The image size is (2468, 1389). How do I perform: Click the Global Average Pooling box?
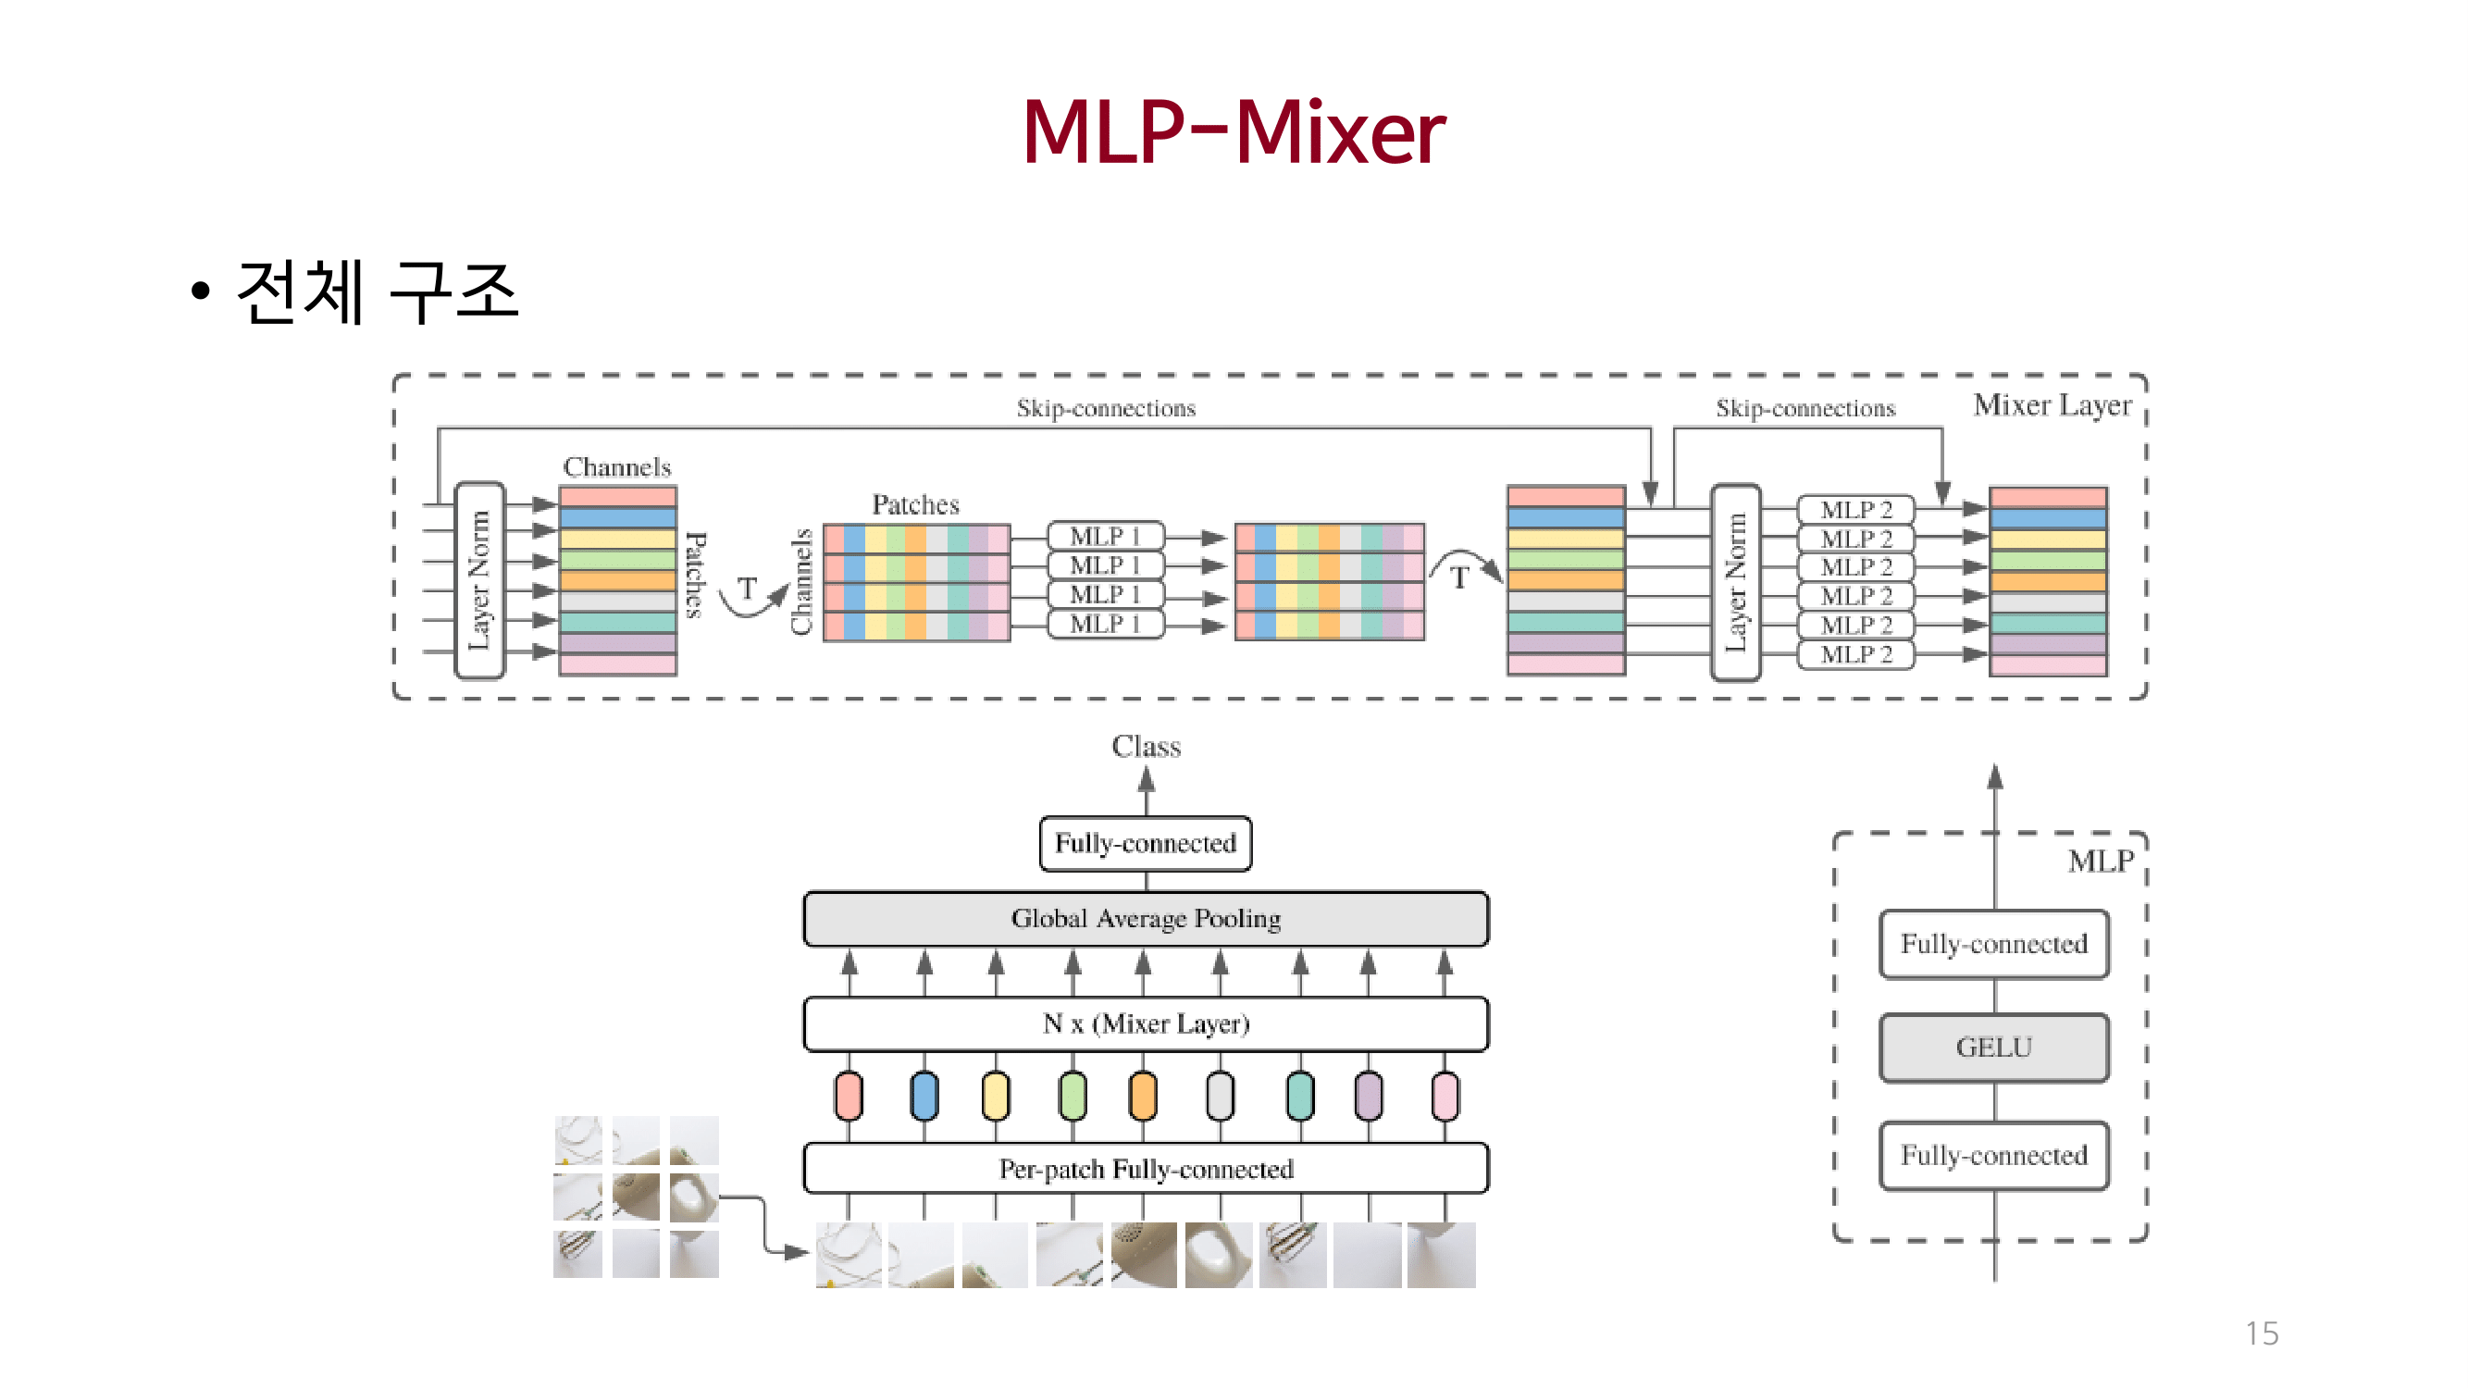[x=1145, y=919]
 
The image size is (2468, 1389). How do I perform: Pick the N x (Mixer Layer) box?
[x=1145, y=1024]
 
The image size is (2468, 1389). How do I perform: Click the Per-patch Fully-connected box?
[x=1145, y=1169]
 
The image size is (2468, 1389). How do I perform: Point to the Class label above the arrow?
[x=1146, y=746]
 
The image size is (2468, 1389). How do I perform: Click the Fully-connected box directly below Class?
[x=1145, y=843]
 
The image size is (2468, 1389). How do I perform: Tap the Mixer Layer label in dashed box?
[x=2052, y=405]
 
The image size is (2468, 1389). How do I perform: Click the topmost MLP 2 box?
[x=1854, y=510]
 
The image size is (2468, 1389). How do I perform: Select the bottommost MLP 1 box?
[x=1105, y=625]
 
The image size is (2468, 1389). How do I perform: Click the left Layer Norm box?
[x=479, y=580]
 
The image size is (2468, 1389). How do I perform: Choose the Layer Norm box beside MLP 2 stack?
[x=1735, y=582]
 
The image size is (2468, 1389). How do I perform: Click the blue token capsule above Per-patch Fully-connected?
[x=924, y=1096]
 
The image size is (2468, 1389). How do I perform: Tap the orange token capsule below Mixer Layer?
[x=1142, y=1096]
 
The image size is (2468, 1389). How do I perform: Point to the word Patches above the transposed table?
[x=915, y=505]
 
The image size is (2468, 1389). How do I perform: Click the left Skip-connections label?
[x=1106, y=408]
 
